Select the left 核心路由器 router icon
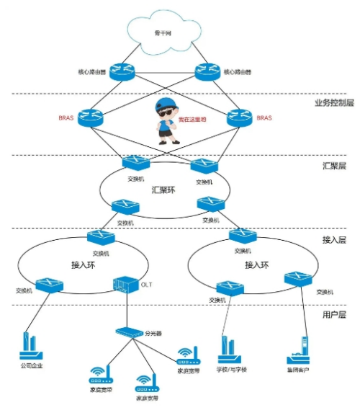122,71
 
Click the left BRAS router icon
92,117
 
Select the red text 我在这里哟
192,120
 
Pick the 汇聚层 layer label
333,166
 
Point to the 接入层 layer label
334,239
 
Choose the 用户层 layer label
334,315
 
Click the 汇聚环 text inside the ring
163,190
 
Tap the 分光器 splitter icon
128,333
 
